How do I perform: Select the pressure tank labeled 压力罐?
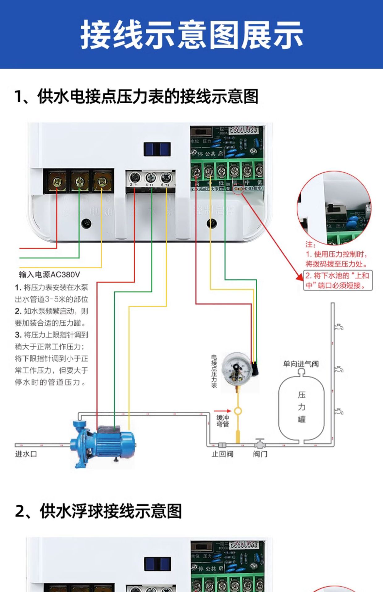pyautogui.click(x=301, y=407)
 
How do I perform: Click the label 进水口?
pyautogui.click(x=26, y=454)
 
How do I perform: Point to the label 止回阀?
pyautogui.click(x=222, y=454)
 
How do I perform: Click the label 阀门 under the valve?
pyautogui.click(x=260, y=454)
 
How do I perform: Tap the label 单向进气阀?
pyautogui.click(x=301, y=364)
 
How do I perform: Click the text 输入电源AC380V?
pyautogui.click(x=49, y=274)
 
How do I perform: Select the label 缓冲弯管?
pyautogui.click(x=223, y=421)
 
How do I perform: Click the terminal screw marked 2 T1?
pyautogui.click(x=135, y=178)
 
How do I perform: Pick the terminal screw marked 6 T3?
pyautogui.click(x=166, y=178)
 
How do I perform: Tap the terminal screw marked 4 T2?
pyautogui.click(x=151, y=178)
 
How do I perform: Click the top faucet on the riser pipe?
pyautogui.click(x=339, y=327)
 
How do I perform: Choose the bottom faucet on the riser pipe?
pyautogui.click(x=339, y=411)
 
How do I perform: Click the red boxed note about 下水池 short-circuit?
pyautogui.click(x=338, y=280)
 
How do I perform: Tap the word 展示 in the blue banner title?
pyautogui.click(x=272, y=35)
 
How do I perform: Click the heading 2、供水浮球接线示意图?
pyautogui.click(x=98, y=511)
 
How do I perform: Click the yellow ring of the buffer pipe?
pyautogui.click(x=238, y=411)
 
